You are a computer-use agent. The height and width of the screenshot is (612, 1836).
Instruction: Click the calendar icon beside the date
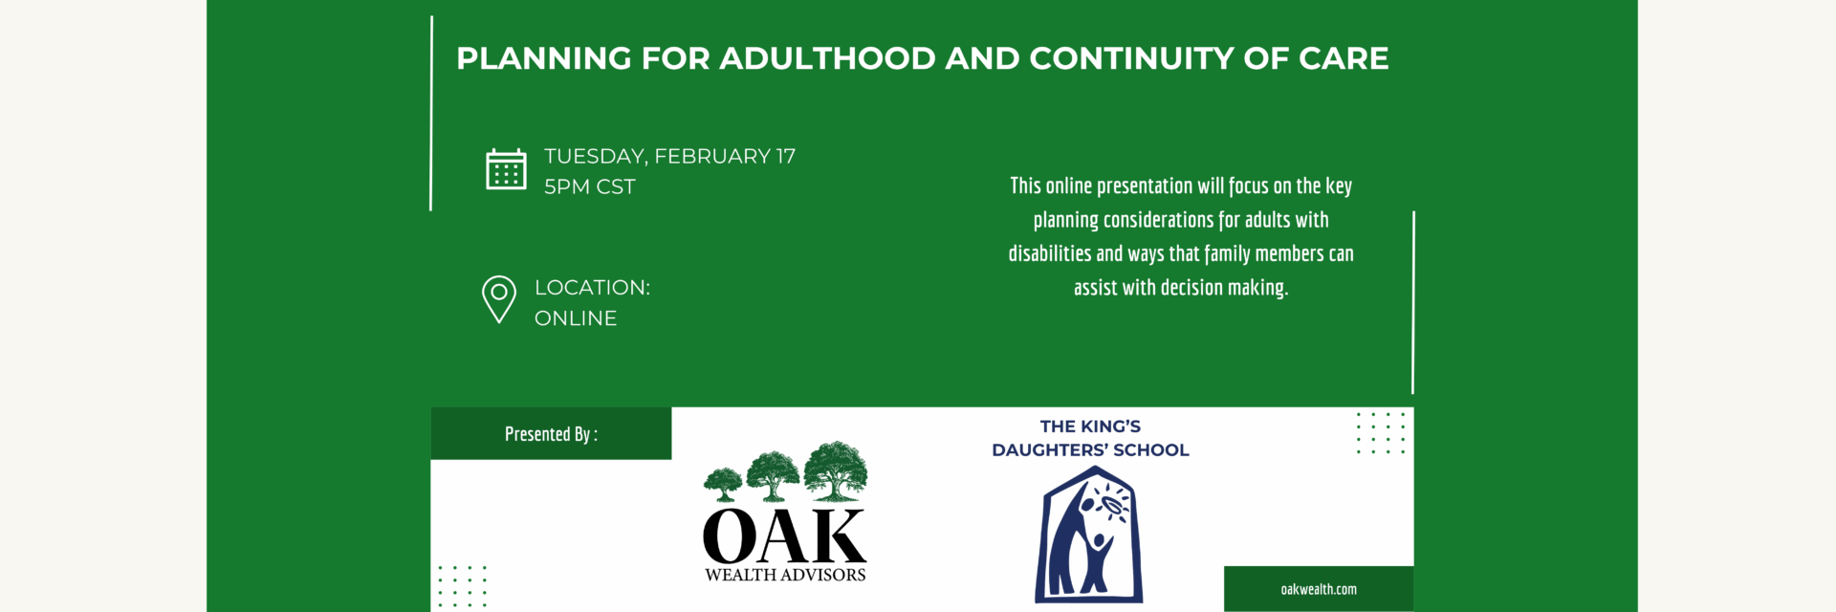pos(506,169)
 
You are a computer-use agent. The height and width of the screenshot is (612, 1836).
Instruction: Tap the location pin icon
pos(499,299)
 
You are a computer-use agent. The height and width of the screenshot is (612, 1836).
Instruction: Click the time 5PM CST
pos(590,186)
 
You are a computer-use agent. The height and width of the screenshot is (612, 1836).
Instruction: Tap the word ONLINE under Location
pos(576,318)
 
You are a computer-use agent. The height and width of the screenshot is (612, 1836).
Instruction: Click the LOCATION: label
pos(592,288)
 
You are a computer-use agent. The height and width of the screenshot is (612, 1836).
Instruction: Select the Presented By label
pos(551,434)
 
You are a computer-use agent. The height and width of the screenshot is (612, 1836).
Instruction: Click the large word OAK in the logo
pos(785,536)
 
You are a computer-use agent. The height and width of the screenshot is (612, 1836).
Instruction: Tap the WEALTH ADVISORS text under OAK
pos(785,575)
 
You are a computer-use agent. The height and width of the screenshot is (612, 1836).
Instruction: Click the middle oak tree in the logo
pos(773,476)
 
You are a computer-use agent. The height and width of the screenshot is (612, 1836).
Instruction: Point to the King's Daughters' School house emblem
pos(1089,535)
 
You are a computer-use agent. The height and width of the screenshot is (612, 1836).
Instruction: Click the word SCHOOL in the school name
pos(1151,450)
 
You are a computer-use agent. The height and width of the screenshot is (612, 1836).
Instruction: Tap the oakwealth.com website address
pos(1319,589)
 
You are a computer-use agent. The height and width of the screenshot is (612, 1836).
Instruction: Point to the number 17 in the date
pos(785,156)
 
